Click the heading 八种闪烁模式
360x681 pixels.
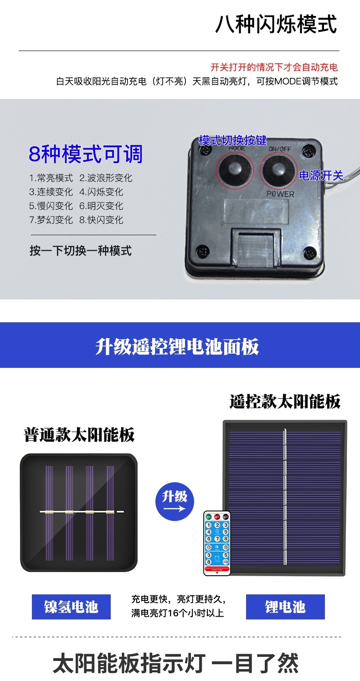(x=276, y=24)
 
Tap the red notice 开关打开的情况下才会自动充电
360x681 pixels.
(x=274, y=67)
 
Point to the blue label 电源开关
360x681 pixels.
(x=320, y=175)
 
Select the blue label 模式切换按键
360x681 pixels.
(x=232, y=140)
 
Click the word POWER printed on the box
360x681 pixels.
(x=280, y=194)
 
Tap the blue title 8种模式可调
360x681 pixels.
(x=85, y=154)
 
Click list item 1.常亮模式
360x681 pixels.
(x=51, y=178)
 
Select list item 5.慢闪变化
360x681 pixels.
(x=51, y=206)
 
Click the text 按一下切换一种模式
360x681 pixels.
(x=81, y=250)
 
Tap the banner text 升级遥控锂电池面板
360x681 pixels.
(x=177, y=347)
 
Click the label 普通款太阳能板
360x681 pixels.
(x=79, y=435)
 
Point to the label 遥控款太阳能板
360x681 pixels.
(x=285, y=402)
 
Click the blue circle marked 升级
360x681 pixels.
(x=175, y=501)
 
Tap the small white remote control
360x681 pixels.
(x=218, y=542)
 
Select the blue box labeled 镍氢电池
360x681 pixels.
(x=71, y=607)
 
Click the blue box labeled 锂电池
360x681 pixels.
(x=285, y=607)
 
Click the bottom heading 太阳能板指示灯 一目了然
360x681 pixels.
(x=175, y=663)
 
